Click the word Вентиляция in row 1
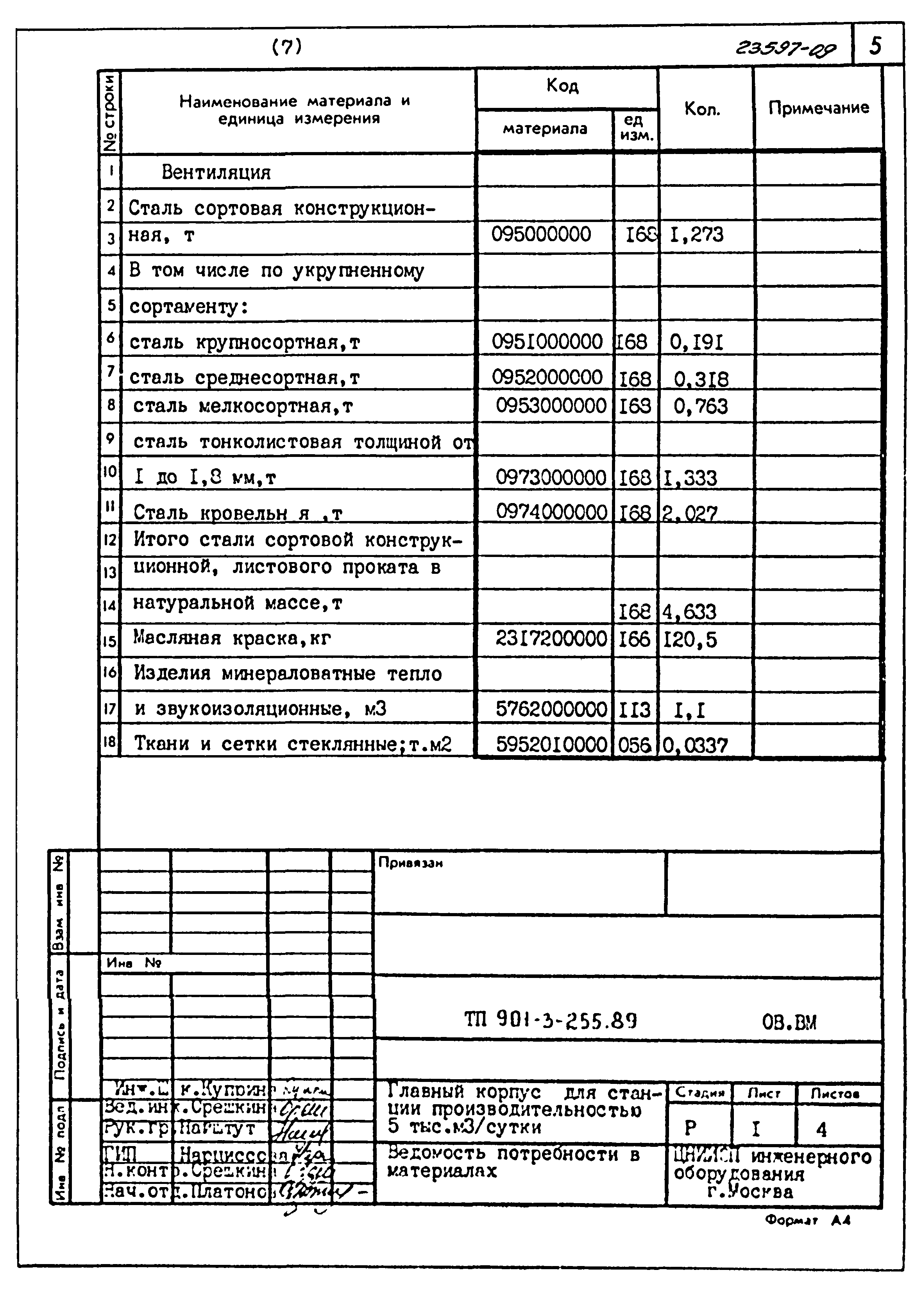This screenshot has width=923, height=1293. pyautogui.click(x=216, y=172)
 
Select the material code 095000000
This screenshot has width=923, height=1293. pyautogui.click(x=541, y=234)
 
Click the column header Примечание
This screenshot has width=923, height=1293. pyautogui.click(x=818, y=108)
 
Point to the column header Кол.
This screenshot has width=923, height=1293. pyautogui.click(x=703, y=109)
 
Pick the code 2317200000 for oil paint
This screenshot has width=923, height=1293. pyautogui.click(x=551, y=639)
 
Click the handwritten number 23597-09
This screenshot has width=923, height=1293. pyautogui.click(x=785, y=50)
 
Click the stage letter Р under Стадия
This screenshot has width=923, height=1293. pyautogui.click(x=690, y=1128)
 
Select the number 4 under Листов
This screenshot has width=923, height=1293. pyautogui.click(x=821, y=1129)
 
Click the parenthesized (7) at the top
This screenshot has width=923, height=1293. pyautogui.click(x=287, y=47)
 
